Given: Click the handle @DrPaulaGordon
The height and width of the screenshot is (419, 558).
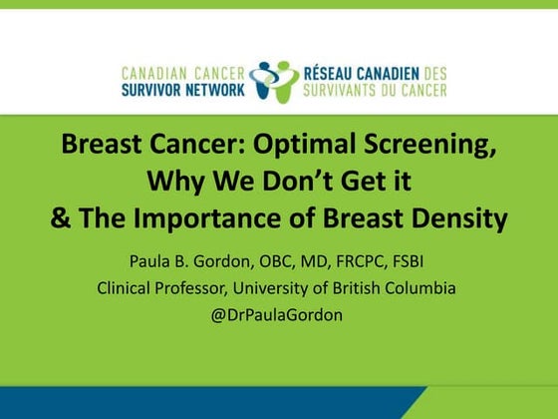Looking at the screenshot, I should [x=279, y=315].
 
